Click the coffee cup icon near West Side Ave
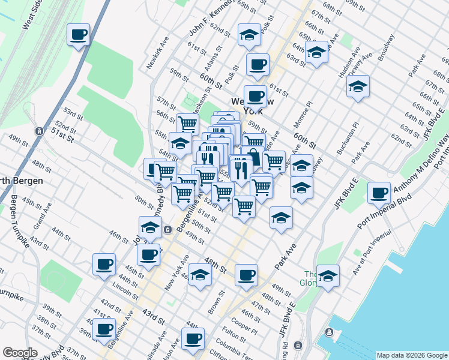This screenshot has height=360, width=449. click(78, 34)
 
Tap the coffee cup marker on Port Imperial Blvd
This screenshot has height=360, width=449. click(379, 192)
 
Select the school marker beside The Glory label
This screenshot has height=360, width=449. click(328, 276)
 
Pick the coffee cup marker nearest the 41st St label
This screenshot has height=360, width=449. click(104, 329)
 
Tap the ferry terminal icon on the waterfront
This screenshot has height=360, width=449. click(329, 332)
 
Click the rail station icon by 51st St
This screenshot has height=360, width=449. click(39, 131)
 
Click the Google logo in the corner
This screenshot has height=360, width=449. click(19, 353)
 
